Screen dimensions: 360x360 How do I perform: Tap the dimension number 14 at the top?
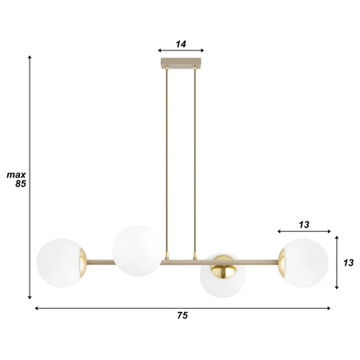pyautogui.click(x=181, y=45)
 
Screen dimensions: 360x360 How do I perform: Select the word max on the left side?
pyautogui.click(x=16, y=174)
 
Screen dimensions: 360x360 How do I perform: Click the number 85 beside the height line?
pyautogui.click(x=21, y=183)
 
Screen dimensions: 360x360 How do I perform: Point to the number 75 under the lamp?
pyautogui.click(x=182, y=316)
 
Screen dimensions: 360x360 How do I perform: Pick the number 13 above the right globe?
pyautogui.click(x=303, y=224)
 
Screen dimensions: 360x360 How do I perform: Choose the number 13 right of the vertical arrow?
pyautogui.click(x=349, y=262)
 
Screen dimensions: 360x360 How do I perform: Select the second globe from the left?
pyautogui.click(x=136, y=249)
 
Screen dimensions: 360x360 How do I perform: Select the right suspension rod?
pyautogui.click(x=194, y=160)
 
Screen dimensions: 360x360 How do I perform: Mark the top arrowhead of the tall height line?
pyautogui.click(x=30, y=58)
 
